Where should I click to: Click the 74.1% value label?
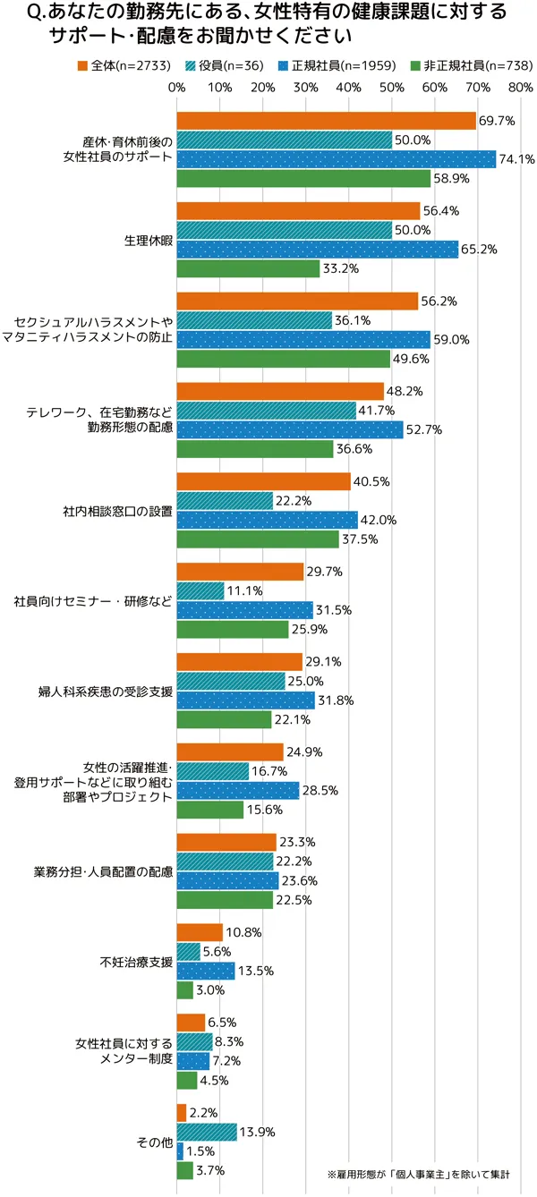point(516,159)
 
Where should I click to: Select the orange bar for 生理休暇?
point(298,211)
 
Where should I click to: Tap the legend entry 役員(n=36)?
point(212,65)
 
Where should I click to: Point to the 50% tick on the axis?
point(391,88)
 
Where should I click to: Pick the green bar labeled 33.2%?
point(248,268)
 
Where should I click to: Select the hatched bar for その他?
point(207,1132)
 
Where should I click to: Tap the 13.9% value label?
point(257,1132)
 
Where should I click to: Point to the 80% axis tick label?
point(520,88)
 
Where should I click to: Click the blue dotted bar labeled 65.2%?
point(318,250)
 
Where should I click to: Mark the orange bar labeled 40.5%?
point(264,481)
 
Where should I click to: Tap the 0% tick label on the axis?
point(176,88)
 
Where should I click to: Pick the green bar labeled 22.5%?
point(225,900)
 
